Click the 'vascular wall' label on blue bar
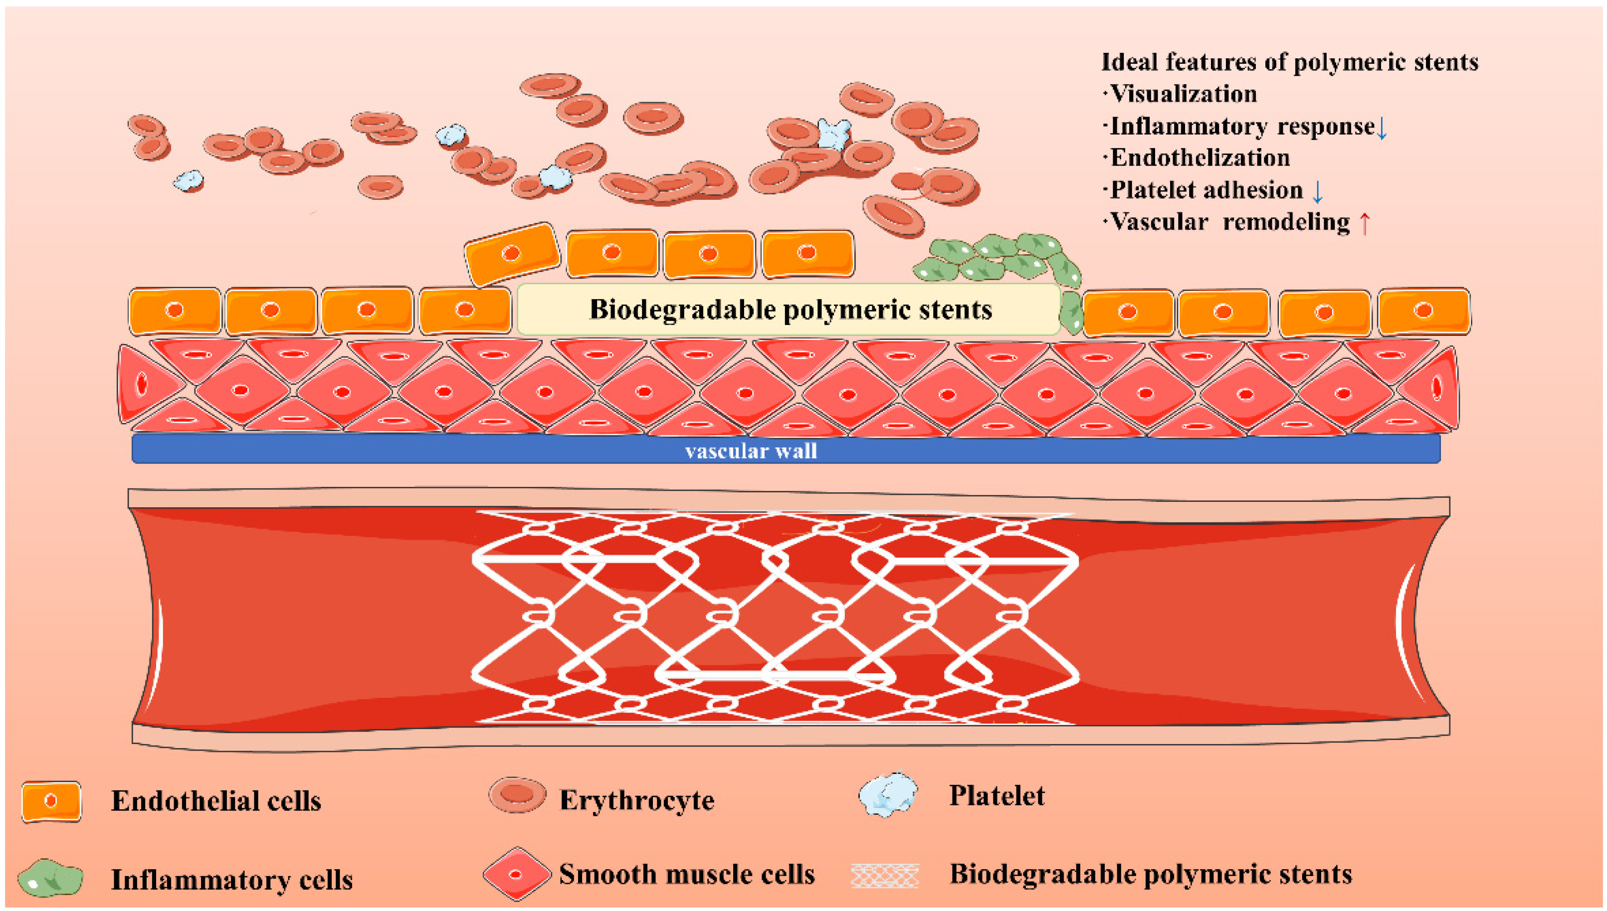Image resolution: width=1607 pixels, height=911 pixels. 751,451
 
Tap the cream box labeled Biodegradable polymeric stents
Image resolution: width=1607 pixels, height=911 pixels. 789,309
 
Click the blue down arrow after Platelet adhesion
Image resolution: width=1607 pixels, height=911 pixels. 1317,191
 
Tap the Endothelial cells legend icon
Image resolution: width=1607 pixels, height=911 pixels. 51,801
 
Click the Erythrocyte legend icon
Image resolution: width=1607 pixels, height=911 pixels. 517,795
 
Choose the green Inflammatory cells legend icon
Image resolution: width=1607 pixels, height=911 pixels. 50,878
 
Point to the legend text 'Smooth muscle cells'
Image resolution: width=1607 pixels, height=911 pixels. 687,874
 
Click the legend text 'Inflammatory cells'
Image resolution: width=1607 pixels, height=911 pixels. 231,880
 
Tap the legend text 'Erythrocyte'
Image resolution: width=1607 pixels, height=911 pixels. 636,800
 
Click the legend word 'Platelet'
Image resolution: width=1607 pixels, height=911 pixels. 997,796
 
